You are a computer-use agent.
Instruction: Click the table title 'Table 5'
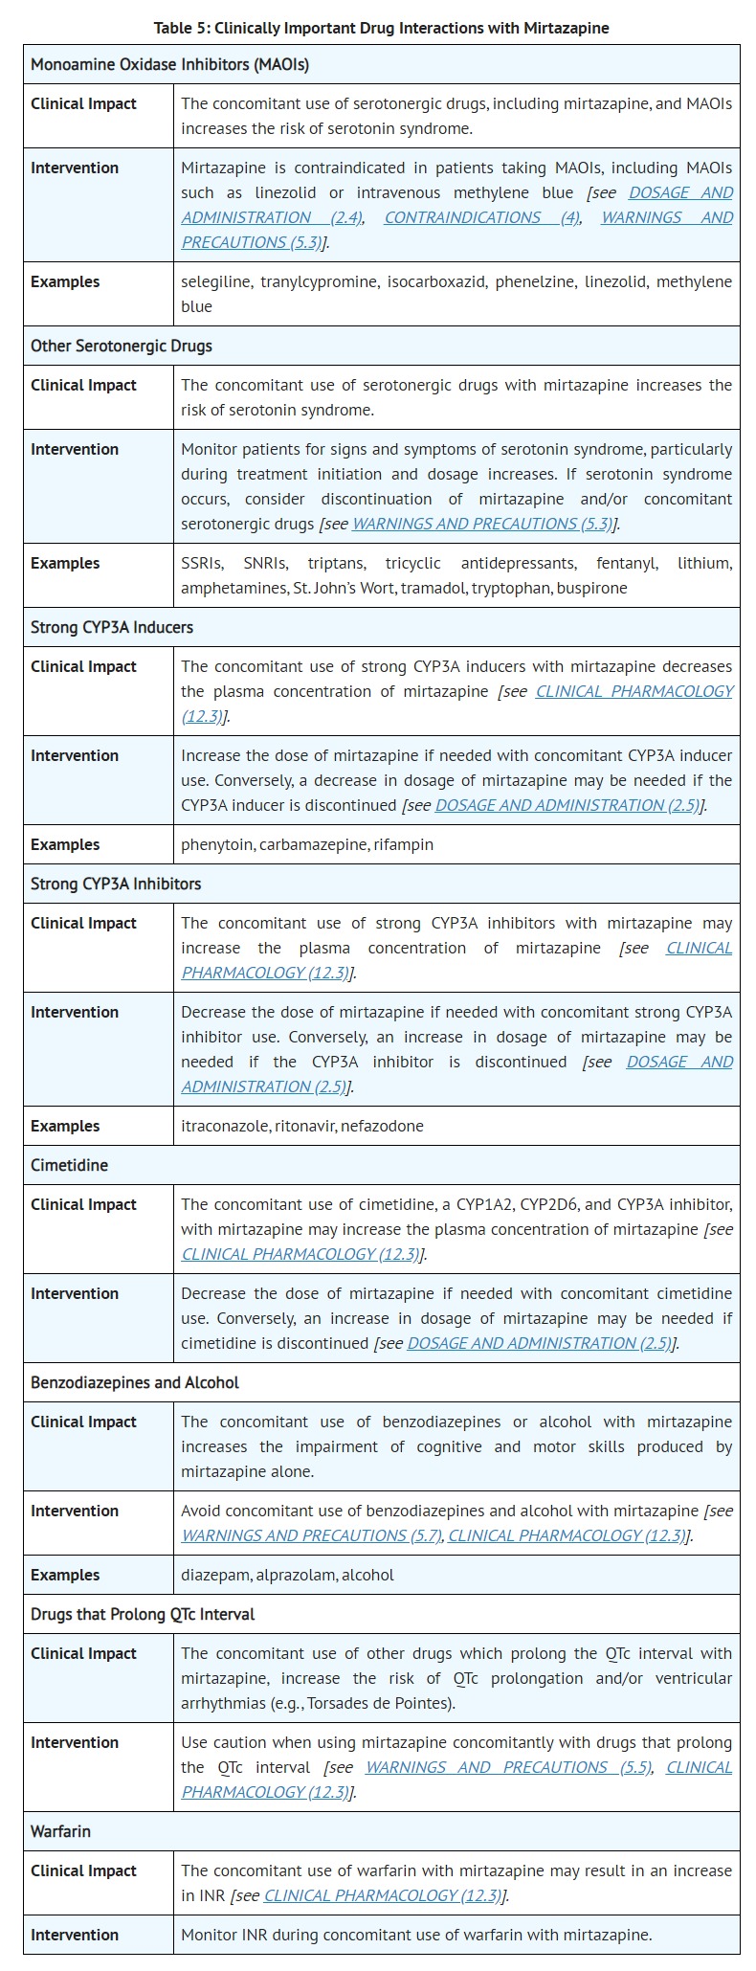381,28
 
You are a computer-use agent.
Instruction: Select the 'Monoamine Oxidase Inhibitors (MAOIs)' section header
169,65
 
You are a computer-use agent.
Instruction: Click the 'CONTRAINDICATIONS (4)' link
481,217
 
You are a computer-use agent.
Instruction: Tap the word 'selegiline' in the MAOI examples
216,281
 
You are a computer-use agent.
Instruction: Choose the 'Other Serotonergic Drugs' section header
122,346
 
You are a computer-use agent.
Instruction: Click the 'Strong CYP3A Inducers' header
112,627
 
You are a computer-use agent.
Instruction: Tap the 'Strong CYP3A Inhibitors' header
116,884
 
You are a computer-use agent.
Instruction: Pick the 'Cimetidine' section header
69,1165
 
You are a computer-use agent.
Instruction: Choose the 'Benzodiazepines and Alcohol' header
135,1382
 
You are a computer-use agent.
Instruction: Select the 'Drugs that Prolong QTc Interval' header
143,1614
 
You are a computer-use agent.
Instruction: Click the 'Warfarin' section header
60,1831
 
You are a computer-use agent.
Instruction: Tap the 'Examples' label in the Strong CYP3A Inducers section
65,844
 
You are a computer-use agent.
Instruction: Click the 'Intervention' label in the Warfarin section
75,1935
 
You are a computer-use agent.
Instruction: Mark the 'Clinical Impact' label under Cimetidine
83,1204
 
